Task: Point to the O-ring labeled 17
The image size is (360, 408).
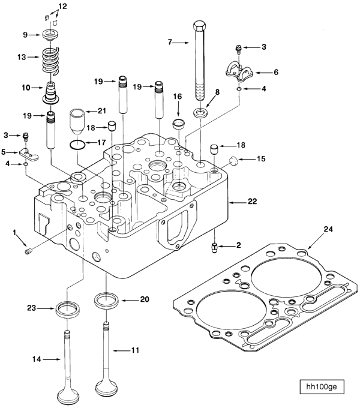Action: coord(76,143)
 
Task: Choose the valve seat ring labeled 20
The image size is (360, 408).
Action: coord(106,299)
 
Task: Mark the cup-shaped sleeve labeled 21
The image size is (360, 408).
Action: coord(79,121)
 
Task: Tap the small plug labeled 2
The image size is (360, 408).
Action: coord(214,247)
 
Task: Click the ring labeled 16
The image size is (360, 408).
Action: coord(178,125)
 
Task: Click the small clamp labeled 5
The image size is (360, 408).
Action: coord(28,154)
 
